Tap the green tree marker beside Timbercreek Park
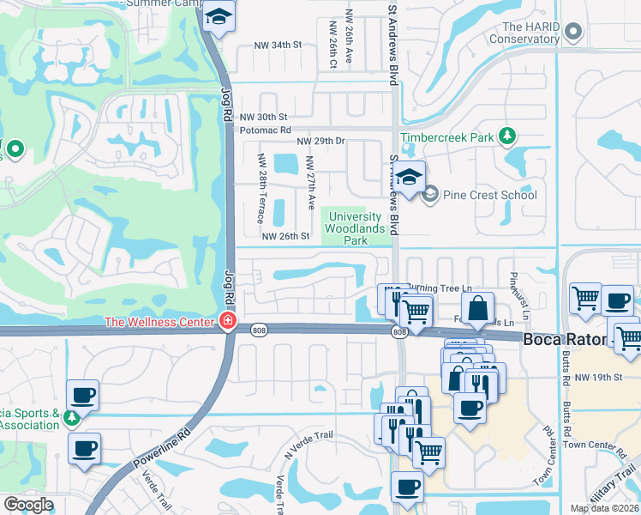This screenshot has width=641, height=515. pos(508,136)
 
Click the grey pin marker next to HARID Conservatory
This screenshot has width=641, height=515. pos(574,33)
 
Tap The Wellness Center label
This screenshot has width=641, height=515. pos(159,322)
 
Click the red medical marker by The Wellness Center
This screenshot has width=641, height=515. pos(227,322)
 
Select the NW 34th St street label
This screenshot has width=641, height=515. pos(279,45)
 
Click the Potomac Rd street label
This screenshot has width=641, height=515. pos(262,130)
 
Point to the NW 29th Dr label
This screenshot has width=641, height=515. pos(320,141)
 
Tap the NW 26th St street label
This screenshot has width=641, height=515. pos(285,237)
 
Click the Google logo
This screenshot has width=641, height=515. pos(28,505)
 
